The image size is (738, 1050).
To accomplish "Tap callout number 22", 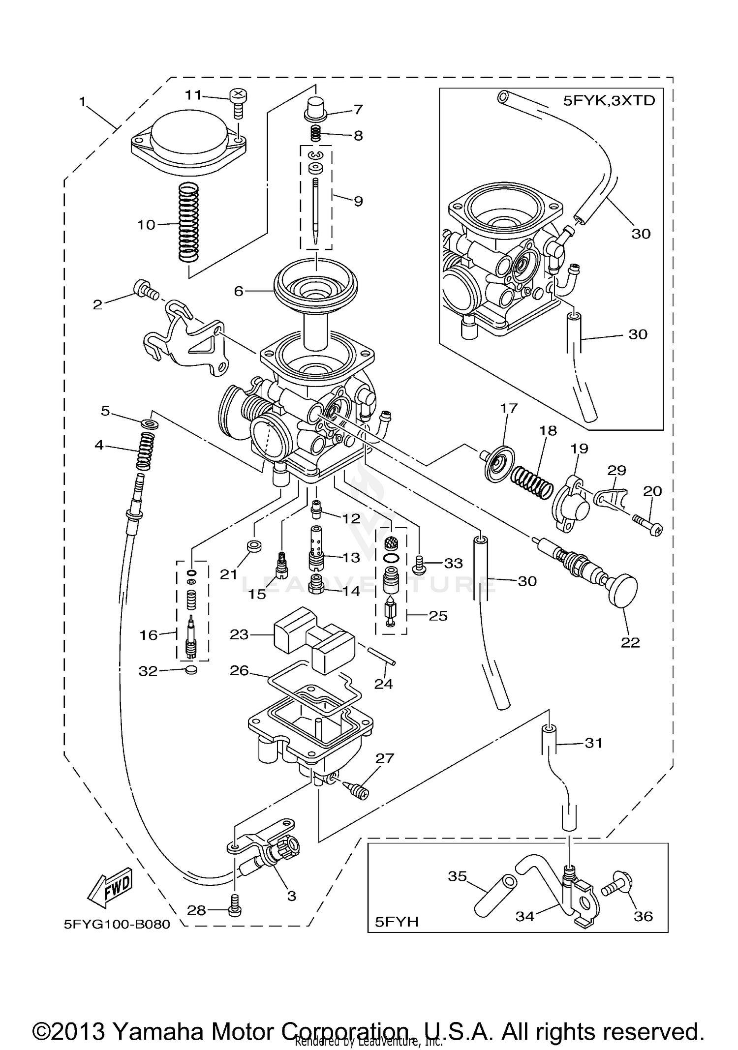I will point(630,643).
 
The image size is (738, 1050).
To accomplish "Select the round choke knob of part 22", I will point(622,590).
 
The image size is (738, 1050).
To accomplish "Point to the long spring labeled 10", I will point(188,221).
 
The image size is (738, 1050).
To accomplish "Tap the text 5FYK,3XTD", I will point(609,101).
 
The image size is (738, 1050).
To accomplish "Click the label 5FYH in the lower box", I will point(397,921).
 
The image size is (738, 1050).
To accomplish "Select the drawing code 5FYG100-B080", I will point(117,924).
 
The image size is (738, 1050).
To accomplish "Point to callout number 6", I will point(239,292).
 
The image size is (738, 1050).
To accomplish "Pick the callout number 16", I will point(149,635).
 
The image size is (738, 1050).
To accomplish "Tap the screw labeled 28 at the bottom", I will point(236,911).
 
